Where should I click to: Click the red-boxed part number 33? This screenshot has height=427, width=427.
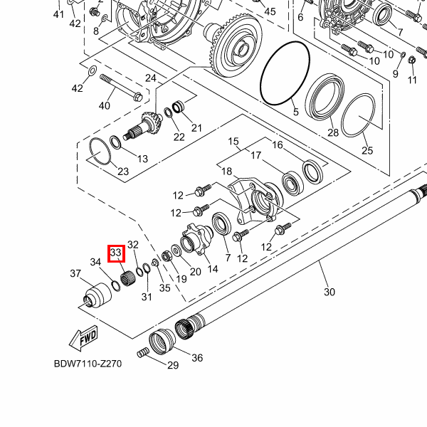point(116,253)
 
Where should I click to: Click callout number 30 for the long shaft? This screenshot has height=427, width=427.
point(329,291)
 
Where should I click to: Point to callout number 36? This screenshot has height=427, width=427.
point(197,358)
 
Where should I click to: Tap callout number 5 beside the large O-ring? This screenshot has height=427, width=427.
point(296,112)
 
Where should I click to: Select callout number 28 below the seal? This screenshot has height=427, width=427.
point(332,133)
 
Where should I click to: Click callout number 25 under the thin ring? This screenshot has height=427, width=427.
point(367,150)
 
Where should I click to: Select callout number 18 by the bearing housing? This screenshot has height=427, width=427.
point(226,172)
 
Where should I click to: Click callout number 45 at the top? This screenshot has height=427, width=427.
point(269,11)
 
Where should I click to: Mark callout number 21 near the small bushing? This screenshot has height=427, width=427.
point(196,128)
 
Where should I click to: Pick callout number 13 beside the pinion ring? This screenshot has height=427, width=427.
point(142,158)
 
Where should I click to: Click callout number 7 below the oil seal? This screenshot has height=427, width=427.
point(227,257)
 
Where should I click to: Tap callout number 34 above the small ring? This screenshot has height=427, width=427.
point(95,263)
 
